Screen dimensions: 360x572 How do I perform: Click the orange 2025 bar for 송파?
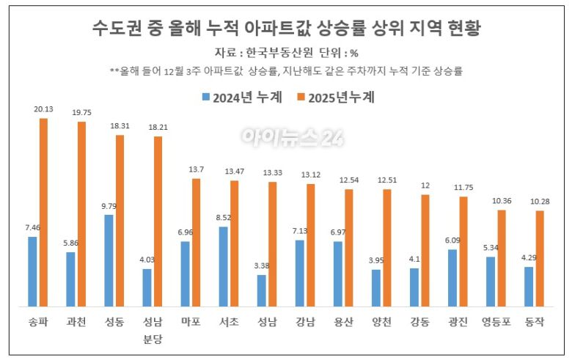pyautogui.click(x=44, y=212)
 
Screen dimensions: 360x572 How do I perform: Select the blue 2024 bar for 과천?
pyautogui.click(x=70, y=279)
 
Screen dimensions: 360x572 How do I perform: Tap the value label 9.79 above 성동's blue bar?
pyautogui.click(x=108, y=206)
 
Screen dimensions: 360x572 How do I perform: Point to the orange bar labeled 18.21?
pyautogui.click(x=158, y=221)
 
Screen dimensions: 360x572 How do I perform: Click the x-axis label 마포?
pyautogui.click(x=191, y=321)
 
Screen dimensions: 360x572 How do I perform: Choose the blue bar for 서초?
pyautogui.click(x=223, y=266)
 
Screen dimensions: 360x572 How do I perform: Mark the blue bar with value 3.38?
pyautogui.click(x=261, y=290)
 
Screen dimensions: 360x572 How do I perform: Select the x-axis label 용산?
pyautogui.click(x=342, y=321)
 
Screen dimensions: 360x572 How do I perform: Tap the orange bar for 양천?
pyautogui.click(x=387, y=247)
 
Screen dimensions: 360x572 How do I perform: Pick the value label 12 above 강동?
pyautogui.click(x=425, y=185)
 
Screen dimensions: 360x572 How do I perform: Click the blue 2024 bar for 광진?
pyautogui.click(x=452, y=277)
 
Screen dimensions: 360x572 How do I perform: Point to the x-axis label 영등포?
pyautogui.click(x=496, y=321)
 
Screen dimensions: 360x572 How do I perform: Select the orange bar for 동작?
pyautogui.click(x=540, y=258)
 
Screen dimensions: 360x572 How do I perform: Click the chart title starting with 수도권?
pyautogui.click(x=286, y=29)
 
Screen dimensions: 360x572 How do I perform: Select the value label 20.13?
pyautogui.click(x=44, y=109)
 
